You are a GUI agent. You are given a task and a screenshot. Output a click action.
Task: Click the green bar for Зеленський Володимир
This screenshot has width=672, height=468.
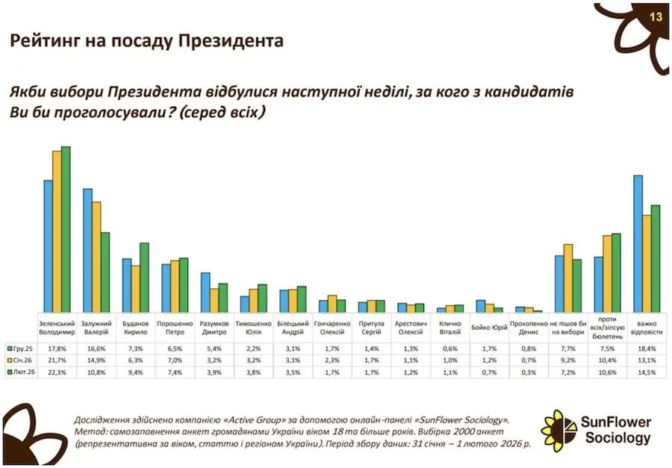point(66,228)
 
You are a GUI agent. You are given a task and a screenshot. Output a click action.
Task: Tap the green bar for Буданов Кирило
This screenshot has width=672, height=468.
point(144,277)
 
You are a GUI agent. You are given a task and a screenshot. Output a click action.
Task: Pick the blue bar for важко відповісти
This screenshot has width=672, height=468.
point(638,243)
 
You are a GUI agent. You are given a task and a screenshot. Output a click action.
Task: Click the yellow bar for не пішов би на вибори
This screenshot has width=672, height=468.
point(567,278)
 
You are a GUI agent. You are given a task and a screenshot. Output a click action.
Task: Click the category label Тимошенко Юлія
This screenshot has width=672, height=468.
point(254,328)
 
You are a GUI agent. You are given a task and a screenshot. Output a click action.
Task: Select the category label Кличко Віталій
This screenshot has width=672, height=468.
point(451,328)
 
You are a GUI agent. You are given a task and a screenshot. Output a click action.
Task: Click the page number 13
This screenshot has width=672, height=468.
point(656,16)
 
